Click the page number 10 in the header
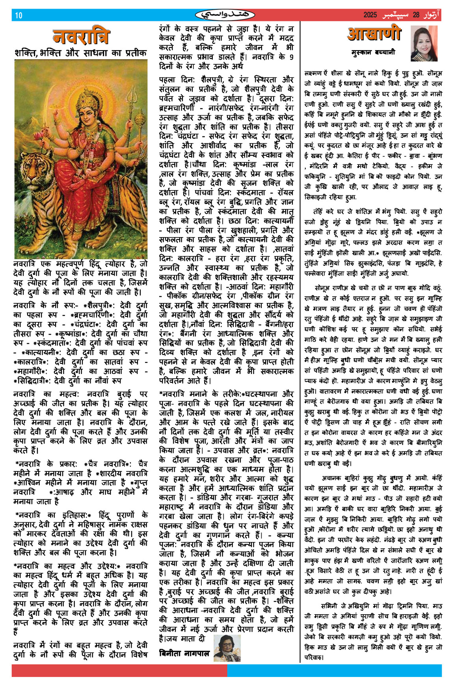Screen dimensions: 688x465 [19, 15]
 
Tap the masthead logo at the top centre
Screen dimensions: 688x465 [225, 15]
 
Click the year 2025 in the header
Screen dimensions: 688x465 [370, 15]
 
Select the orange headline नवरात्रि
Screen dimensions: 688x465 [81, 37]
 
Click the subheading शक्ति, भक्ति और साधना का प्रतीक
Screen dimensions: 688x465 [80, 53]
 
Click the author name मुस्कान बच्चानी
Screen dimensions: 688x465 [373, 52]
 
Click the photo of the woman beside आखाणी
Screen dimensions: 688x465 [424, 43]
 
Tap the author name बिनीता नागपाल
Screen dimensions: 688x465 [184, 653]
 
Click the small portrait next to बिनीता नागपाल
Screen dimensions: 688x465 [227, 649]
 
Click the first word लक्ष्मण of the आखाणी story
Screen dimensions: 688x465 [313, 73]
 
